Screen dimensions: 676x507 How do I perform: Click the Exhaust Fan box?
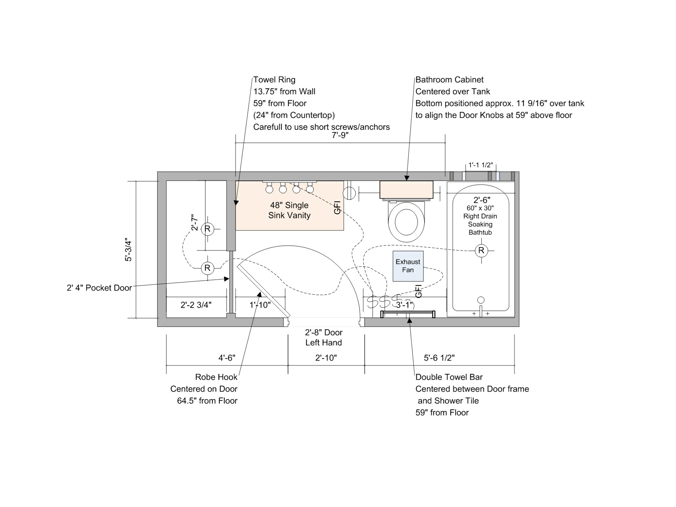coord(408,266)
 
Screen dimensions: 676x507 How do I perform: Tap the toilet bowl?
coord(406,222)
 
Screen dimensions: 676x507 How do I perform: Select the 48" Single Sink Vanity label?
coord(289,210)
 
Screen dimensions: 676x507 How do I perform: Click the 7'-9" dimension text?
coord(340,135)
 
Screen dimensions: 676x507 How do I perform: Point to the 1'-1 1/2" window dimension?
coord(481,165)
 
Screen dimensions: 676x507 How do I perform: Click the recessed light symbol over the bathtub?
coord(481,250)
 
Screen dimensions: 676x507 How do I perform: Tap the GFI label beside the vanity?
coord(337,207)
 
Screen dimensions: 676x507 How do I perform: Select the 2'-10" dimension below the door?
coord(326,358)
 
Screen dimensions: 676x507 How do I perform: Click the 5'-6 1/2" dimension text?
coord(439,358)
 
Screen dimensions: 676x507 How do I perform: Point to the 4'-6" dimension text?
coord(227,358)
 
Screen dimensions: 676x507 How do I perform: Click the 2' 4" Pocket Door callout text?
coord(99,288)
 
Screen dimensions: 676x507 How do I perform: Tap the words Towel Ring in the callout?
coord(274,80)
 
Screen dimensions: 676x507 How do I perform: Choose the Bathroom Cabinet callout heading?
coord(450,80)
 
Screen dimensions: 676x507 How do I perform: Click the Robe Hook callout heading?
coord(216,377)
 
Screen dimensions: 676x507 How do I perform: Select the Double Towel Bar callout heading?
coord(449,377)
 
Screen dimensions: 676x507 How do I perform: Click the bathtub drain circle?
coord(481,300)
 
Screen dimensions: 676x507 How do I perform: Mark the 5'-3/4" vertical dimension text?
coord(128,250)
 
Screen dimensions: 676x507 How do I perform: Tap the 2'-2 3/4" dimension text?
coord(196,305)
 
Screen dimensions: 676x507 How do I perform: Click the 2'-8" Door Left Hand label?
coord(324,337)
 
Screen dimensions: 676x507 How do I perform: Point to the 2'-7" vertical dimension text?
coord(194,222)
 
